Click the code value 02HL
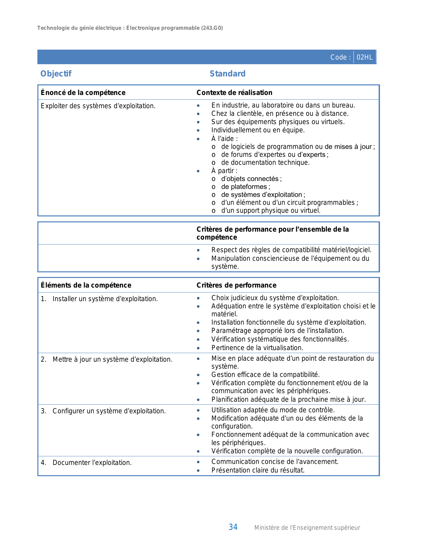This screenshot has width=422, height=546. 364,57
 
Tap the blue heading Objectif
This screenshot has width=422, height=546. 56,74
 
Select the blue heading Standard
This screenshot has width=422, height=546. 227,74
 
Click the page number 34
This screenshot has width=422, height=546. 233,527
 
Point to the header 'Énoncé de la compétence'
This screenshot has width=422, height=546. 83,93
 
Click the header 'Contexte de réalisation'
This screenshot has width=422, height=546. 234,93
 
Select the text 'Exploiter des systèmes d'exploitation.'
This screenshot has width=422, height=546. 98,106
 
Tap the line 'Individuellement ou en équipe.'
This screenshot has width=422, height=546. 258,130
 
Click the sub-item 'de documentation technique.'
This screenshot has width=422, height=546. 265,162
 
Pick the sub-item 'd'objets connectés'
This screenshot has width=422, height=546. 250,179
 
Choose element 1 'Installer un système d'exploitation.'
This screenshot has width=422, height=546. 105,299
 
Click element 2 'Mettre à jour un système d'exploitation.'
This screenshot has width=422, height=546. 112,360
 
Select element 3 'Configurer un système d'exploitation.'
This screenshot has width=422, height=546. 109,411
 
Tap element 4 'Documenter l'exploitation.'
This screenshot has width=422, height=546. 92,463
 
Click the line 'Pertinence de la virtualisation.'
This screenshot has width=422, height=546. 257,348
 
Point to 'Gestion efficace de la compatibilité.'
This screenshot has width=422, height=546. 265,375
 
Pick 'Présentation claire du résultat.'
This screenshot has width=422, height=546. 258,470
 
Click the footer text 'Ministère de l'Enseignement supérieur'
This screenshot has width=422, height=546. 307,528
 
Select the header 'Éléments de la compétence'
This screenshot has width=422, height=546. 86,285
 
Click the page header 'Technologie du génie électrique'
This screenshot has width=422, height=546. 79,28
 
